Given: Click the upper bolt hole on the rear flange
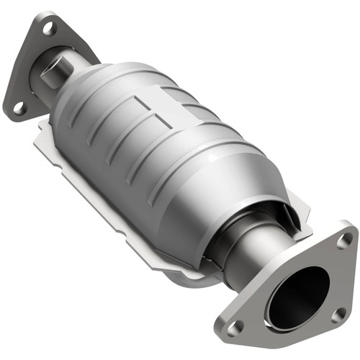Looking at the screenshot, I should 48,30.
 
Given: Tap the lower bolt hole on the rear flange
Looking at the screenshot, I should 19,107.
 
